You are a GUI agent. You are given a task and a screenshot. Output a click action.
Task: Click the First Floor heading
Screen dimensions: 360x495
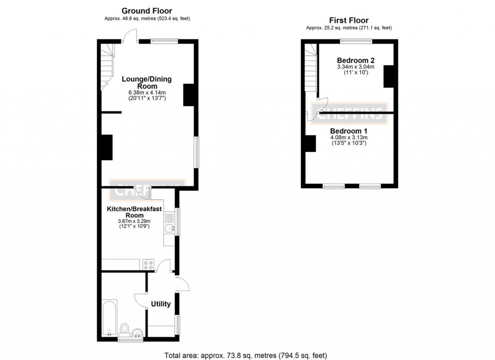349,20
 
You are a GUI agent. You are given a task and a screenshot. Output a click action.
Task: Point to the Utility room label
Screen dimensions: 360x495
160,304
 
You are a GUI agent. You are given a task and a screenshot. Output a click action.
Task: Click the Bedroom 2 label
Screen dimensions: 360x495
356,60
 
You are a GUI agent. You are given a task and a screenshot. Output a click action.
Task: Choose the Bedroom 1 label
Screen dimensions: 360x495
349,131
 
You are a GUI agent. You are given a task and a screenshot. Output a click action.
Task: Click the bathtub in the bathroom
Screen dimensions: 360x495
110,317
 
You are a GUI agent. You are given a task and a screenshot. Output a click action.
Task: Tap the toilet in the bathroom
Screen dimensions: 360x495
125,329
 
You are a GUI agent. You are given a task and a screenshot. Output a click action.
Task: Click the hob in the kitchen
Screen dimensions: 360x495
148,265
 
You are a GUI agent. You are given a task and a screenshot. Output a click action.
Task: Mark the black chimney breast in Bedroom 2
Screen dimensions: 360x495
388,76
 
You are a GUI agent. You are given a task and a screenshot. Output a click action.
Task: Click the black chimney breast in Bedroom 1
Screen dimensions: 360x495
310,143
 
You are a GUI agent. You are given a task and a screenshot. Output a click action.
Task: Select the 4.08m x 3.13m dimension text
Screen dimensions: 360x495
349,137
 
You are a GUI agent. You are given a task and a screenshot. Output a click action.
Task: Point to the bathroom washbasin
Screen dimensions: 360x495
137,332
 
